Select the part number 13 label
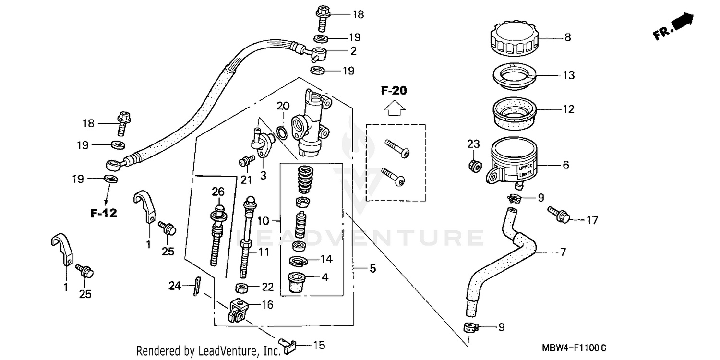568,75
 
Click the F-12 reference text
104,213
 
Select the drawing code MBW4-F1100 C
574,347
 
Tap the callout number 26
218,192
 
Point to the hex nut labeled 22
242,288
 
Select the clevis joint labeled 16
238,311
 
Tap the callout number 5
372,268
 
